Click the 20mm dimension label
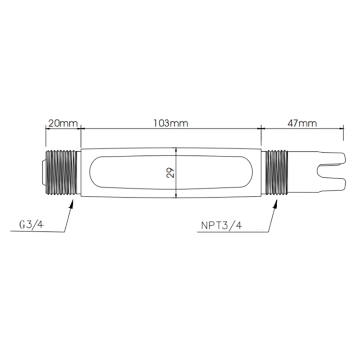pos(63,123)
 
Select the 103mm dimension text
pos(171,123)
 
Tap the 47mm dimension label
pos(302,123)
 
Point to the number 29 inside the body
pos(171,173)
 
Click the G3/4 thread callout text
pos(31,224)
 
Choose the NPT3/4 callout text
pos(221,225)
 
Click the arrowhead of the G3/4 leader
pos(72,204)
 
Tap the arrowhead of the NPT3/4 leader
pos(275,204)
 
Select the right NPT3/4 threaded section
pos(277,173)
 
